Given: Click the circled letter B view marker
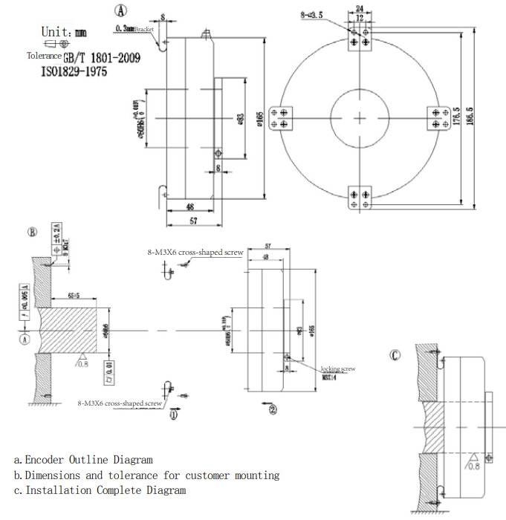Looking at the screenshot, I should (32, 231).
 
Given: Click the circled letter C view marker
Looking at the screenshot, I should (395, 355).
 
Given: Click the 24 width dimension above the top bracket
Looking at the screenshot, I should (361, 9).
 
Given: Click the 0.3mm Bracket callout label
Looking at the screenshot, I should (134, 29).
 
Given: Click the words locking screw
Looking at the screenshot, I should (338, 369).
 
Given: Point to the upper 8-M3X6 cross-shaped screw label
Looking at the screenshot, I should (195, 253).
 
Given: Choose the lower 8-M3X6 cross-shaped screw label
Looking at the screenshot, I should (120, 403).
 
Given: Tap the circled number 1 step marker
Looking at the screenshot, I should (174, 415).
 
